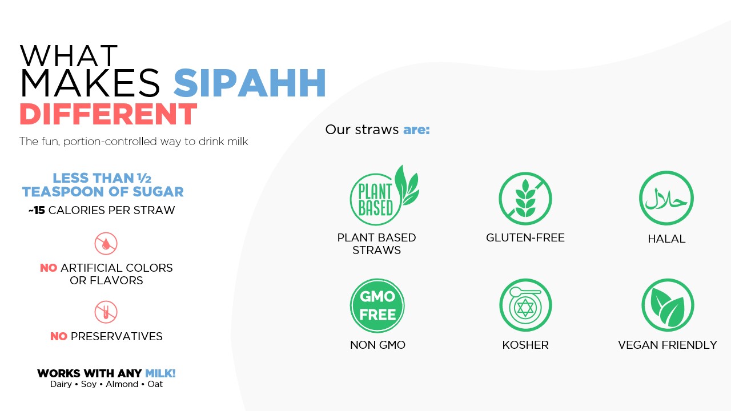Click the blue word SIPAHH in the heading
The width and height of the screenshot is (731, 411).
pos(250,83)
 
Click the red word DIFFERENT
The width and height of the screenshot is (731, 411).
pos(109,114)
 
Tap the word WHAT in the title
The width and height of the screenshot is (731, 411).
pos(69,56)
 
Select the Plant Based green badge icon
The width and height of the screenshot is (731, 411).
pos(384,196)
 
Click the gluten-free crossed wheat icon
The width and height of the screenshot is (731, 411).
pos(525,199)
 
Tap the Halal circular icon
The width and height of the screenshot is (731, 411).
pos(666,198)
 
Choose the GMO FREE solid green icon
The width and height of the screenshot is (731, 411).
pos(377,305)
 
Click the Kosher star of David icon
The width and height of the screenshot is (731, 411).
pos(525,305)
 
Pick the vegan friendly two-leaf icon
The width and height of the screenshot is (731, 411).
pos(668,305)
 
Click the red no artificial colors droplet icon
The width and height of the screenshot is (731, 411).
pos(106,243)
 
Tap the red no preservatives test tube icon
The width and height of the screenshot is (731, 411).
pos(106,312)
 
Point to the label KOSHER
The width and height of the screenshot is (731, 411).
pos(525,345)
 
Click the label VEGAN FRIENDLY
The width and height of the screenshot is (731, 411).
pos(668,345)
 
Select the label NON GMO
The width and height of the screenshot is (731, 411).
pos(377,345)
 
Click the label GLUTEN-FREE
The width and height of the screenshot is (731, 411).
pos(525,237)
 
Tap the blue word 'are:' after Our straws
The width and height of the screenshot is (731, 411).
pos(417,130)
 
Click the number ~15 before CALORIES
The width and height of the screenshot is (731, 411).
pos(37,211)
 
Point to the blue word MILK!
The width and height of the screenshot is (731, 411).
pos(160,373)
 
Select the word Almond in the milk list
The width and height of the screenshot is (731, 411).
pos(122,384)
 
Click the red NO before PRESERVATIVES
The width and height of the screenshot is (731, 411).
pos(59,336)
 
